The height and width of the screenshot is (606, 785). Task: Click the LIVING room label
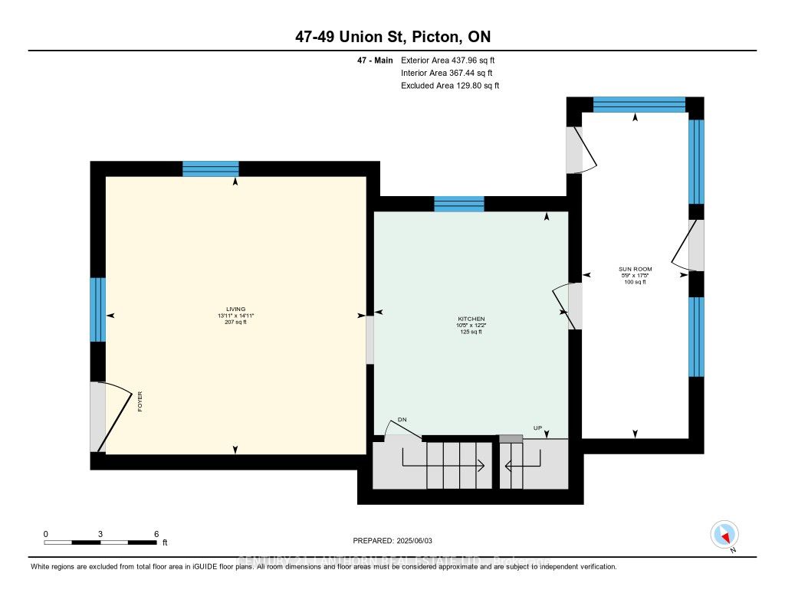tap(235, 309)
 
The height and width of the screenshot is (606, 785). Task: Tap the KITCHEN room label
tap(471, 319)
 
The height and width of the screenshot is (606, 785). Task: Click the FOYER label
tap(140, 401)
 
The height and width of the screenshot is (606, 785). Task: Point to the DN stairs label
tap(401, 420)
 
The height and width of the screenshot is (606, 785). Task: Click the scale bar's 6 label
tap(156, 533)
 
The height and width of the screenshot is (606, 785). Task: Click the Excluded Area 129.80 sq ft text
tap(450, 86)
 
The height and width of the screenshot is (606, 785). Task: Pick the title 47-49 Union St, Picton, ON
tap(392, 37)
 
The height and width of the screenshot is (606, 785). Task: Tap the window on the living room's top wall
tap(211, 169)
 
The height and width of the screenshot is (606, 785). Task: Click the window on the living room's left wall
tap(97, 309)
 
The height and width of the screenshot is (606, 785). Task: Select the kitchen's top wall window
tap(459, 204)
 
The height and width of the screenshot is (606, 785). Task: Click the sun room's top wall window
tap(639, 104)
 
